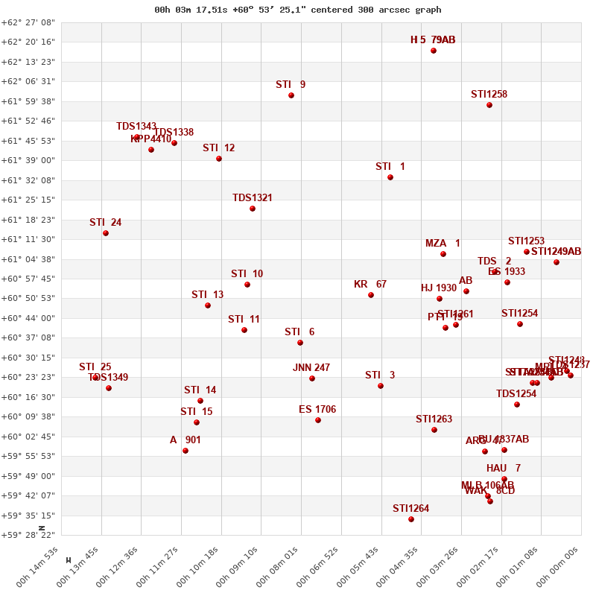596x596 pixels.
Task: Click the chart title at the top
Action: (297, 10)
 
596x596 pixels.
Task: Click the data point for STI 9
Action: (291, 95)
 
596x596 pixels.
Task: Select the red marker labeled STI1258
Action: (489, 105)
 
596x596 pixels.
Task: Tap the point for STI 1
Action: (390, 177)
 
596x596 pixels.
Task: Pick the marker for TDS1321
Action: (253, 209)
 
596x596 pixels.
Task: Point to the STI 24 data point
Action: (106, 233)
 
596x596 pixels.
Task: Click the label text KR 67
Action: (370, 285)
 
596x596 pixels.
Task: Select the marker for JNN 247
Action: (312, 378)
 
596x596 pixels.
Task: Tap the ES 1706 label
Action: (317, 410)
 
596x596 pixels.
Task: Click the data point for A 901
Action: (186, 451)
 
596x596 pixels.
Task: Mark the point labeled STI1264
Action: (411, 519)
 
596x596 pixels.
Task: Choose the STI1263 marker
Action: (434, 430)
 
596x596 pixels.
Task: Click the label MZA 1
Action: (443, 244)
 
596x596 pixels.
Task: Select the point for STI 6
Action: (300, 343)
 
